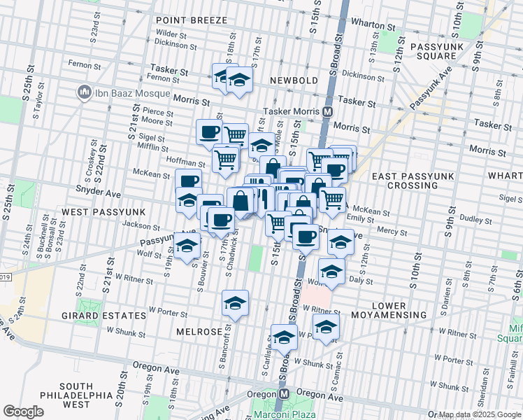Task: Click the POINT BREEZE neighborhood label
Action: click(x=187, y=21)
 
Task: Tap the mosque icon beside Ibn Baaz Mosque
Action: click(x=84, y=92)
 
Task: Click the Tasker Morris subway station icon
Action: click(x=327, y=112)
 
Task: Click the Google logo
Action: click(x=24, y=412)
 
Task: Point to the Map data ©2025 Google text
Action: click(x=480, y=414)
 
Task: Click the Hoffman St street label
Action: click(x=185, y=162)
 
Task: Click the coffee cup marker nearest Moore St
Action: click(x=208, y=131)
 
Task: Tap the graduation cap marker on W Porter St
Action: click(x=236, y=303)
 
